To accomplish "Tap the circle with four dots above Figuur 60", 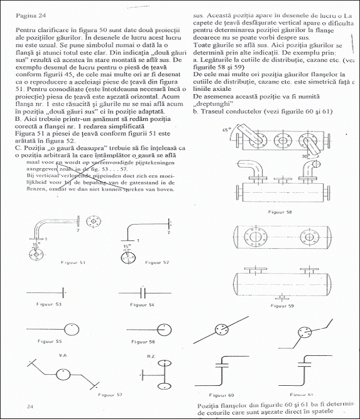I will [219, 331].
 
